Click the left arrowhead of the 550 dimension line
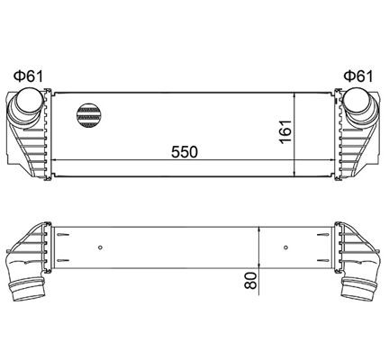(59, 160)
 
